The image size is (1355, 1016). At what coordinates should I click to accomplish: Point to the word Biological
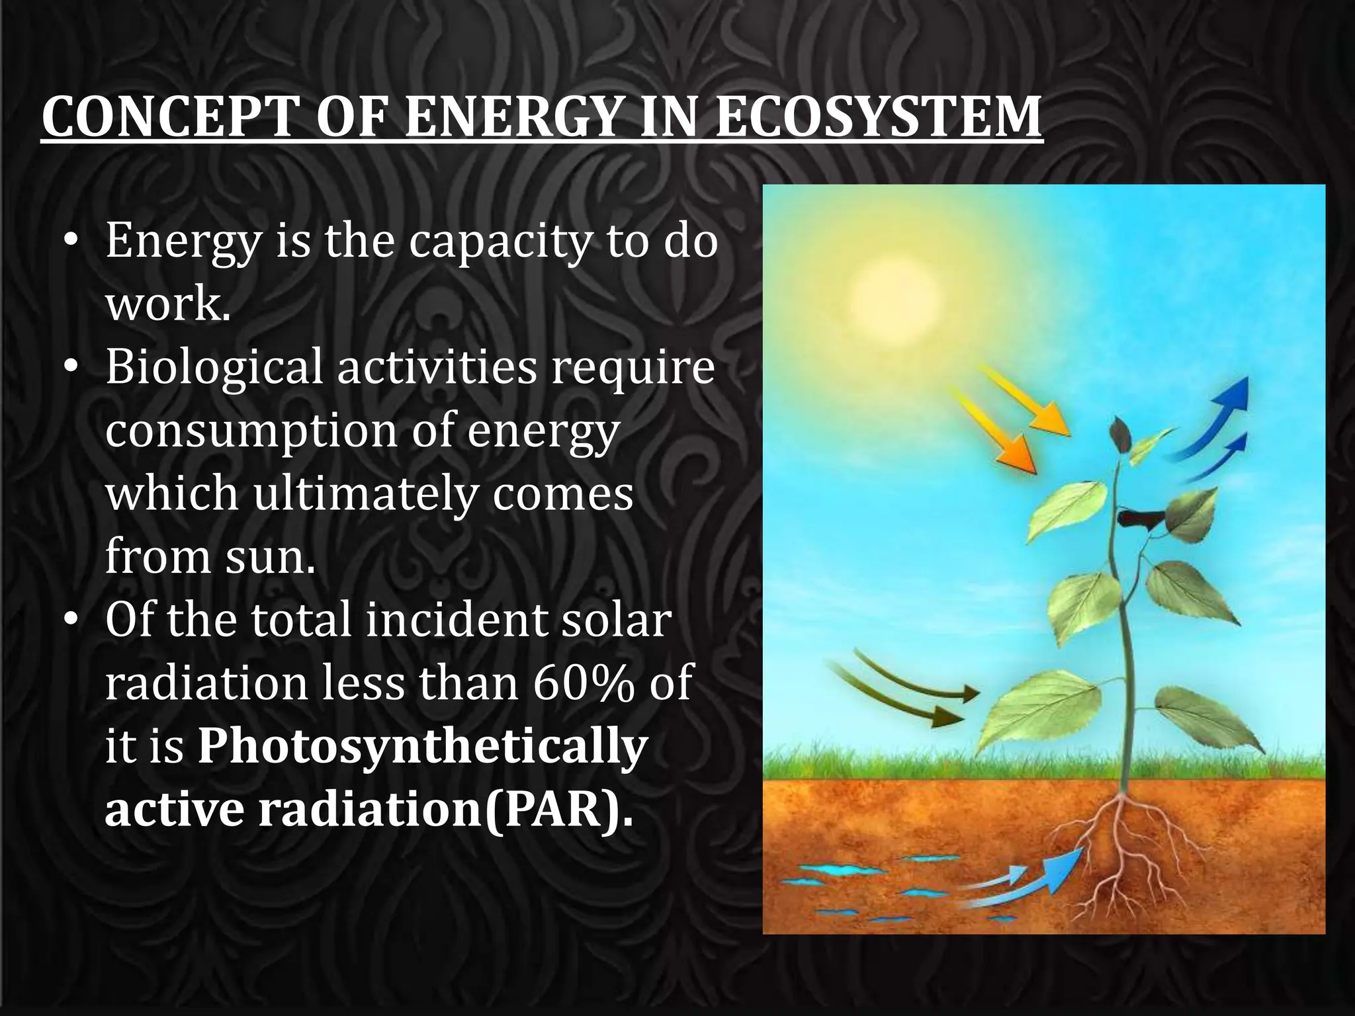213,368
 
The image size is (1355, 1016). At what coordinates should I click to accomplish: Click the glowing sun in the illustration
893,294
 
